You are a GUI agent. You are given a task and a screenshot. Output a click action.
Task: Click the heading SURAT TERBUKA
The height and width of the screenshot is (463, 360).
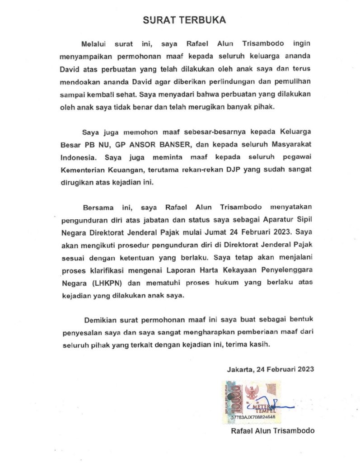[184, 20]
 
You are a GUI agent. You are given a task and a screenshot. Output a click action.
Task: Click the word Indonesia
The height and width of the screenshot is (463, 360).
[76, 158]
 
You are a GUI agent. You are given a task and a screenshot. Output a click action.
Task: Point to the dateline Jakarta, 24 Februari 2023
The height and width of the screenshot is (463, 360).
[271, 369]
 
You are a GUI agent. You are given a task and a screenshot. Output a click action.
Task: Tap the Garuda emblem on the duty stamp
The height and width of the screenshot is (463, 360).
[252, 390]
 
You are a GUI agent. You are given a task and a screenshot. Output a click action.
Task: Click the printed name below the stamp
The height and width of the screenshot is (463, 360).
[272, 431]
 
